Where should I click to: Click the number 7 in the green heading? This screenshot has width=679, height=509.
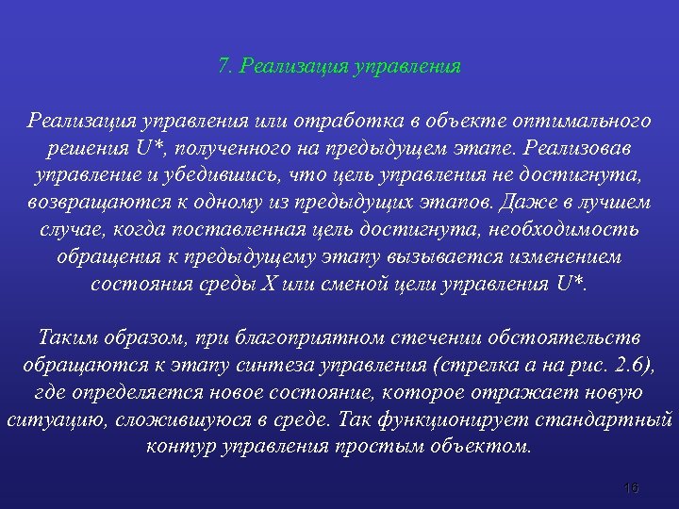tap(224, 67)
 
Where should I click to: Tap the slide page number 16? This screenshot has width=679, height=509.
tap(631, 487)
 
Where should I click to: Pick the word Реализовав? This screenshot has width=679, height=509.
tap(577, 149)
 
